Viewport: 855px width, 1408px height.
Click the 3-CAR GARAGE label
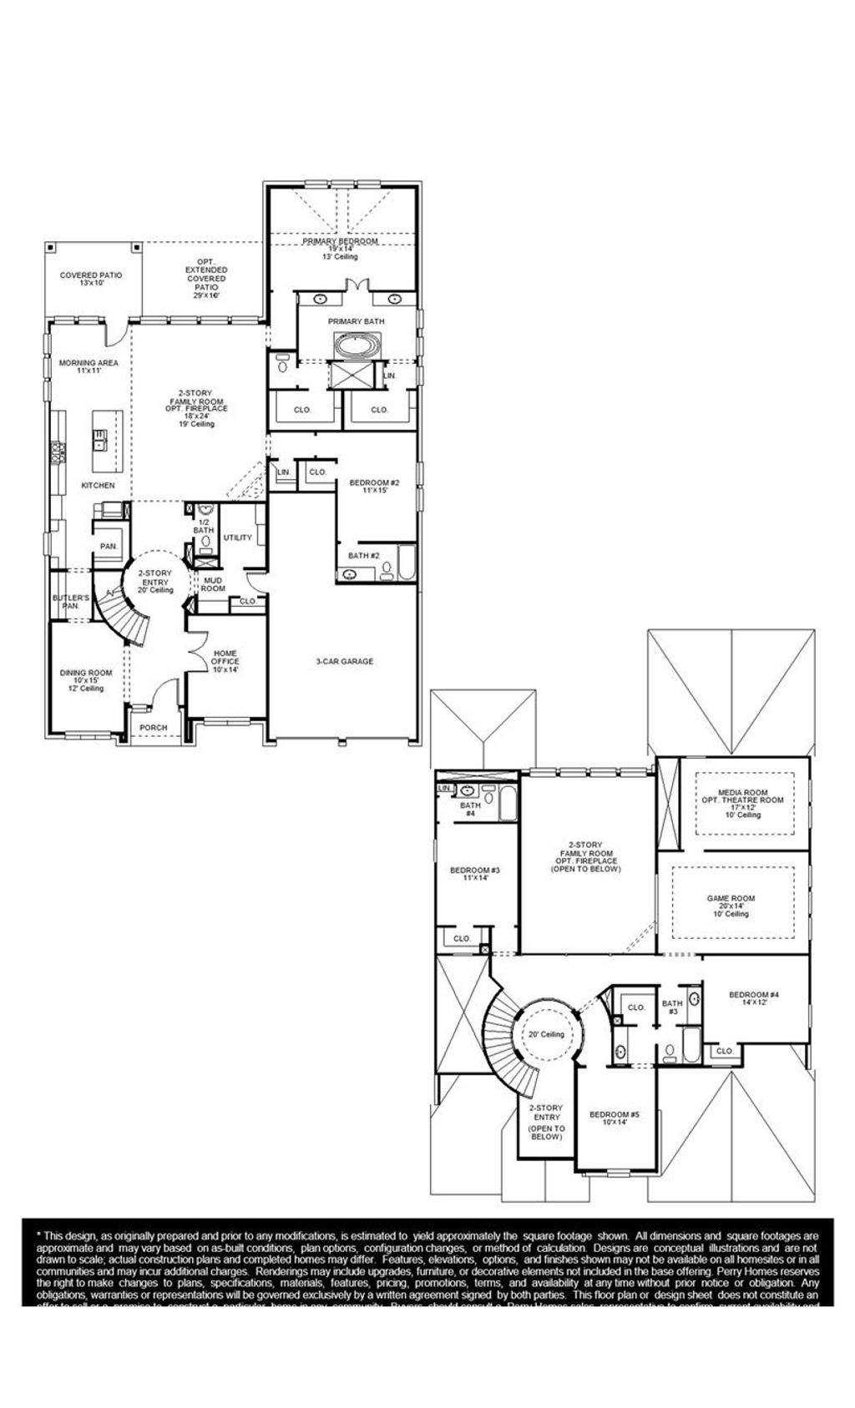click(x=344, y=661)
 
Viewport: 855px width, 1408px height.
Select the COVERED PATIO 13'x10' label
click(x=91, y=279)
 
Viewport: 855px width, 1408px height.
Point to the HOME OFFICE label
click(x=225, y=661)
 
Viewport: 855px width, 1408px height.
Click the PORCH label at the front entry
click(x=153, y=728)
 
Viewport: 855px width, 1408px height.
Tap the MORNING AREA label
click(x=89, y=366)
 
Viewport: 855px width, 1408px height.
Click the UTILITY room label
click(x=237, y=537)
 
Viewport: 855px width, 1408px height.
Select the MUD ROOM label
click(x=213, y=583)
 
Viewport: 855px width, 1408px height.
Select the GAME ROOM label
click(x=731, y=906)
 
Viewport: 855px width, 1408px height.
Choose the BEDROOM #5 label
click(x=614, y=1118)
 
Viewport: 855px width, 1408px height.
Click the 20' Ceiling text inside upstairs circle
click(x=546, y=1034)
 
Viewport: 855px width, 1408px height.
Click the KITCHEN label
click(x=98, y=485)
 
